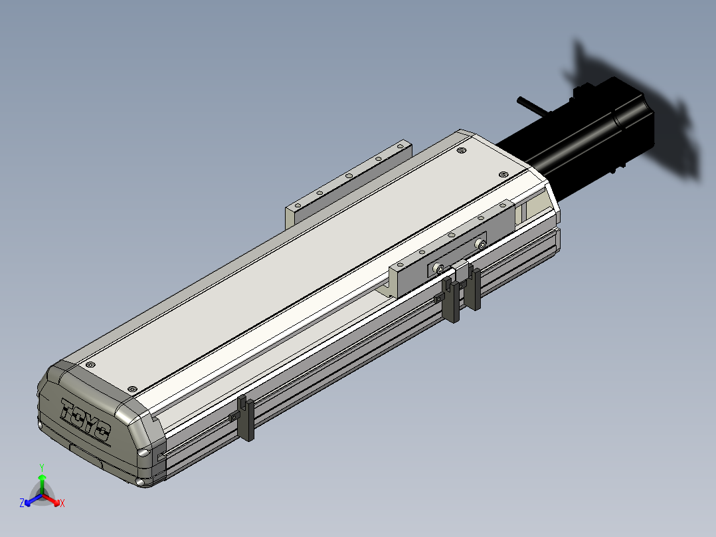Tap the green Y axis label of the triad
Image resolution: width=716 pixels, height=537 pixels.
coord(41,467)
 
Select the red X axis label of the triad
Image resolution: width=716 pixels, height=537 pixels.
coord(62,504)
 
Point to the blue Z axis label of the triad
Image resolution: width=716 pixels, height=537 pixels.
coord(22,504)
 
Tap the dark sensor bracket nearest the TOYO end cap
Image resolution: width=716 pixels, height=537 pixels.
coord(246,418)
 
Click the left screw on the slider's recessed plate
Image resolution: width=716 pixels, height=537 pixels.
coord(438,268)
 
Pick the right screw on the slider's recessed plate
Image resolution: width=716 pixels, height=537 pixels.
coord(480,245)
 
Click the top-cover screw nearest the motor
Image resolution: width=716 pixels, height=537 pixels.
coord(503,174)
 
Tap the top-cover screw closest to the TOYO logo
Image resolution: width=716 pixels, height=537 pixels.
coord(90,365)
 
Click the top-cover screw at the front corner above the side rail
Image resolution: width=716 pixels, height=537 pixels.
coord(132,388)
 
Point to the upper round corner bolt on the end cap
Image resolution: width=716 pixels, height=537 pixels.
coord(143,453)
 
